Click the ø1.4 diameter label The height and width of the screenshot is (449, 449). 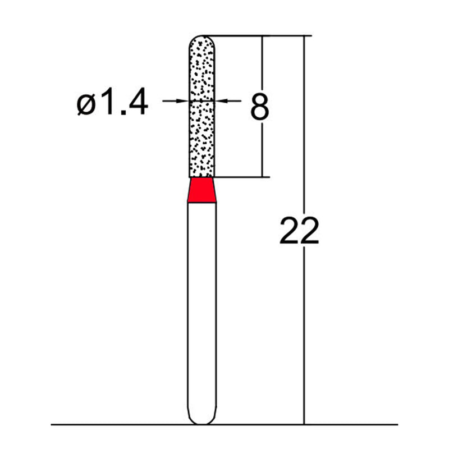point(113,103)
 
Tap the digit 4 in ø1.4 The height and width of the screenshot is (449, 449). point(136,103)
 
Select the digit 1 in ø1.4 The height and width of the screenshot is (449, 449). point(108,103)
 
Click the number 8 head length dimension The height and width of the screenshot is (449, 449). point(259,107)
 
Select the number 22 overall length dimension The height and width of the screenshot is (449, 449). point(299,231)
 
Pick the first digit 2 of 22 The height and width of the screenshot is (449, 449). point(289,231)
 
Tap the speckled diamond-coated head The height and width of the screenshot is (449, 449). point(201,123)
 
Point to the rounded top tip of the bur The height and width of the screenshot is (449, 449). point(201,39)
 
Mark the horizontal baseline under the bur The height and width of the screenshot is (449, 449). point(112,424)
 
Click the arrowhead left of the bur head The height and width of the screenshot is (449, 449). point(182,101)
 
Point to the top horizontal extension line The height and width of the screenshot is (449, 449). point(258,36)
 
